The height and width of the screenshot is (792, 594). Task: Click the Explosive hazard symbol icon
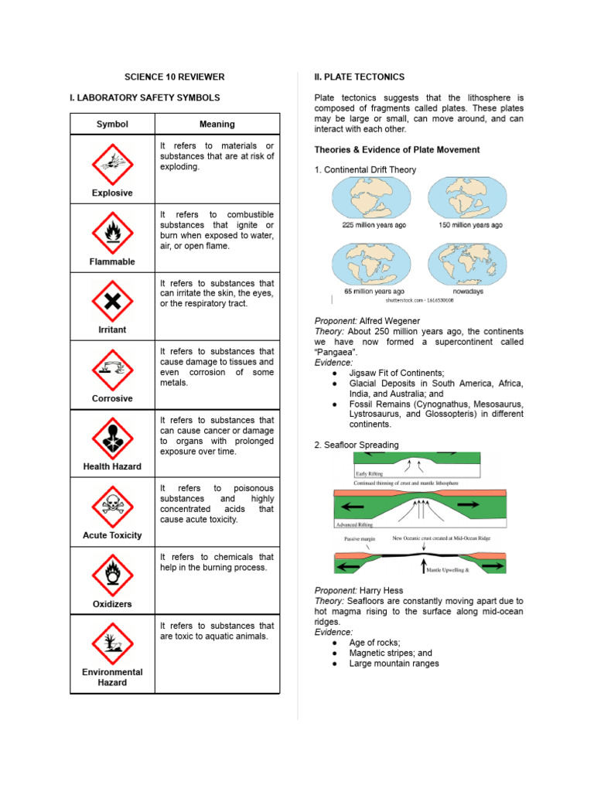pos(112,162)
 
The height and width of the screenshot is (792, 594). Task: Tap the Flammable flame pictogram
pos(112,230)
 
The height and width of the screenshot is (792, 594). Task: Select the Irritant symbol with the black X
pos(112,299)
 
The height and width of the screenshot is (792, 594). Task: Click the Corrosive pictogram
pos(112,368)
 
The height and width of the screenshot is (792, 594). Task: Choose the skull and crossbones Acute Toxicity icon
pos(112,505)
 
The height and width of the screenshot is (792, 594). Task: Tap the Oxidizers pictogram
pos(112,574)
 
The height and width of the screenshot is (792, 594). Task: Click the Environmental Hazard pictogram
pos(112,643)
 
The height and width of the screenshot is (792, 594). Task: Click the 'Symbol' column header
pos(112,124)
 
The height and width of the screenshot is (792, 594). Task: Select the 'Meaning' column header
pos(217,124)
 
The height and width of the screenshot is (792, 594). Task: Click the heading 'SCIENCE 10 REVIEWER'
pos(175,77)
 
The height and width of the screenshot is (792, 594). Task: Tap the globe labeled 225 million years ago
pos(373,198)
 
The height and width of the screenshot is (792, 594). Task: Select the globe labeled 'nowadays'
pos(464,264)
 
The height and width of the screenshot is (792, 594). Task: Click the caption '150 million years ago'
pos(465,225)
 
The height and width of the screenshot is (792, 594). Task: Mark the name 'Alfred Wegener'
pos(390,320)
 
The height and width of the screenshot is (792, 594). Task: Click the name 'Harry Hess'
pos(381,590)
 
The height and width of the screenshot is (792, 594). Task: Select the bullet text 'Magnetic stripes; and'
pos(391,653)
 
